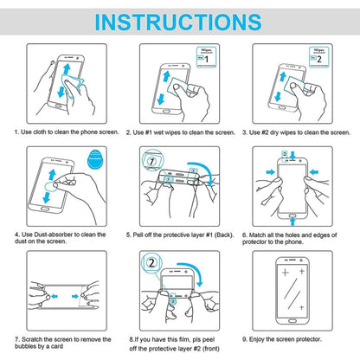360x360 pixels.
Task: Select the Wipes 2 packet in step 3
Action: pyautogui.click(x=325, y=58)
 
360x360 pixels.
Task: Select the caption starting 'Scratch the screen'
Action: pyautogui.click(x=61, y=343)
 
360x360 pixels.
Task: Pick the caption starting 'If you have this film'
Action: pyautogui.click(x=177, y=343)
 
